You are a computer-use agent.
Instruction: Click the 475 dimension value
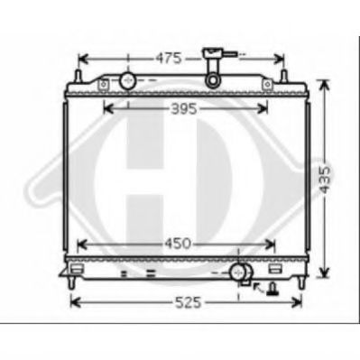[x=169, y=58]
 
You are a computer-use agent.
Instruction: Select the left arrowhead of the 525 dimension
[x=75, y=302]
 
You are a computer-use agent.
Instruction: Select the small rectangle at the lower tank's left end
[x=78, y=269]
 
